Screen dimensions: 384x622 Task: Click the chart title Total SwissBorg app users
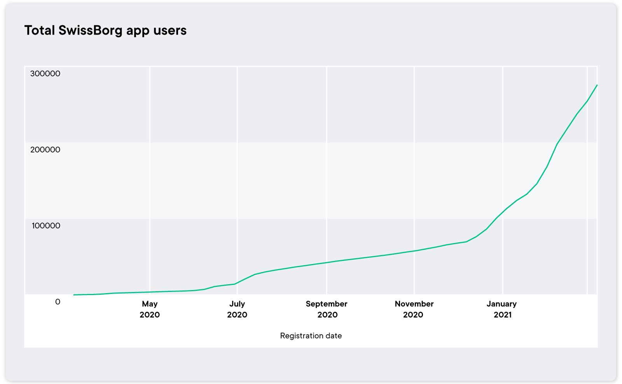(x=105, y=30)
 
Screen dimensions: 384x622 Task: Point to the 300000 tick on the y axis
(x=45, y=73)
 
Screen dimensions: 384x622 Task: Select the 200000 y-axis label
(x=45, y=149)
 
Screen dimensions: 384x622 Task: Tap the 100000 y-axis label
(x=45, y=226)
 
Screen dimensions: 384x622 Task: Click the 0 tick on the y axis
(x=58, y=302)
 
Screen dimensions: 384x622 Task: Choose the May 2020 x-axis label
(x=150, y=309)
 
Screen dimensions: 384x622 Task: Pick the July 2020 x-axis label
(x=237, y=309)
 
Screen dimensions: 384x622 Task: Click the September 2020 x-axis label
(x=327, y=309)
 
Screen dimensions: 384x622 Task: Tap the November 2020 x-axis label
(x=414, y=309)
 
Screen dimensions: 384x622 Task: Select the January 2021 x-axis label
(x=502, y=309)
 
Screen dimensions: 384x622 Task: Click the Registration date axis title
(x=311, y=336)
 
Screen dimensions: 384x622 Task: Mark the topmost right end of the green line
(x=597, y=85)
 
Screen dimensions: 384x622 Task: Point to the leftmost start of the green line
(x=74, y=295)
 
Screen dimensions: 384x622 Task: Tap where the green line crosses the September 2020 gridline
(x=327, y=262)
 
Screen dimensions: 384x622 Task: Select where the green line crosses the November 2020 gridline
(x=414, y=250)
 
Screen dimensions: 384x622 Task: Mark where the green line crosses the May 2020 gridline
(x=150, y=292)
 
